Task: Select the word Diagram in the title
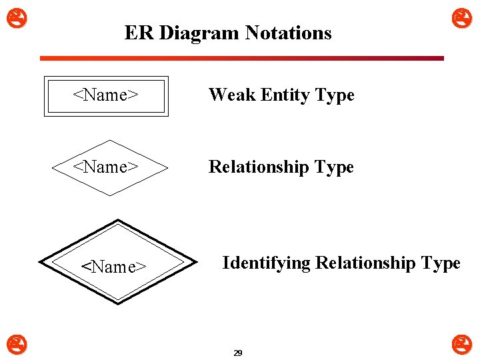(199, 33)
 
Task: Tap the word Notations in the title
(288, 33)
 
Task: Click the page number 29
(238, 353)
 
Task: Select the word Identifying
(266, 263)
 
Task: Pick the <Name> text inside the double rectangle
(105, 95)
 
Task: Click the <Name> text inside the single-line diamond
(105, 167)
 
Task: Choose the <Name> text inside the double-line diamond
(114, 267)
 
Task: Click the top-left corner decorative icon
(13, 17)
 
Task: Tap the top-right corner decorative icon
(461, 17)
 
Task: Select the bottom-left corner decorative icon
(13, 345)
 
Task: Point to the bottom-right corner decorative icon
(461, 345)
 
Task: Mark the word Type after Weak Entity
(335, 95)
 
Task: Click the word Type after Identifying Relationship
(441, 263)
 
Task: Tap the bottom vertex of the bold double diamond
(118, 303)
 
